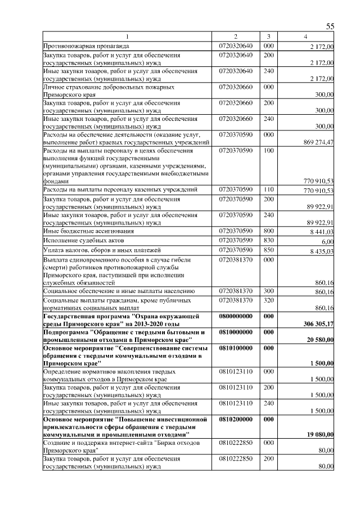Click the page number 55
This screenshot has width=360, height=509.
pos(330,27)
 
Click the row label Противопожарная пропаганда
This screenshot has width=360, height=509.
pos(87,46)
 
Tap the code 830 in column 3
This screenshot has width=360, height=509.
pos(268,240)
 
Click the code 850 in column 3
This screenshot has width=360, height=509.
pos(268,250)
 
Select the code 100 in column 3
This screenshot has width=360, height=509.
pos(268,151)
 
